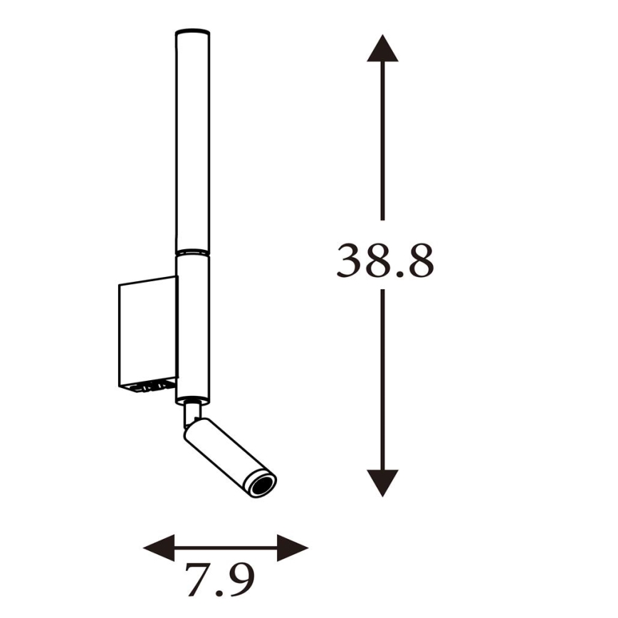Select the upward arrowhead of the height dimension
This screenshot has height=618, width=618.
tap(382, 48)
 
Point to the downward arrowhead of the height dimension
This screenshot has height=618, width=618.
tap(382, 482)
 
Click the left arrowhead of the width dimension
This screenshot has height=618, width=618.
tap(158, 548)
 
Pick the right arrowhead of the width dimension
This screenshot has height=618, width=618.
tap(293, 548)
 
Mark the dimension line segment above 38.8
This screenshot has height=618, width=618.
tap(382, 142)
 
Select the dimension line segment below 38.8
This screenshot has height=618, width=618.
tap(382, 377)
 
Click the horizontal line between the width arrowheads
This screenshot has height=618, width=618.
tap(226, 548)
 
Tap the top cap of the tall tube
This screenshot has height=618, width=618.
tap(193, 32)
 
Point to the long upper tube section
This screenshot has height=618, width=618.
tap(193, 142)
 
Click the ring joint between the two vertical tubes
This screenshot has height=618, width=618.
tap(193, 252)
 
